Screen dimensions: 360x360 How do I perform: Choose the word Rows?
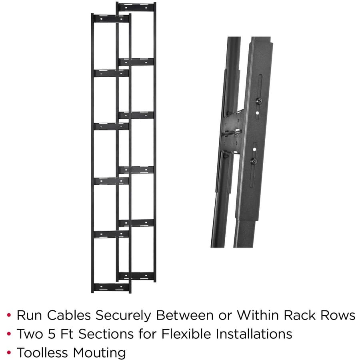[338, 315]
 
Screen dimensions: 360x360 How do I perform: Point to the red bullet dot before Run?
[9, 316]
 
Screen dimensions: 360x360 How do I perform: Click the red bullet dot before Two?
[9, 334]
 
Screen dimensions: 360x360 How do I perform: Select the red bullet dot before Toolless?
[9, 352]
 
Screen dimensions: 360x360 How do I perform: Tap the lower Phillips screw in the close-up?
[253, 160]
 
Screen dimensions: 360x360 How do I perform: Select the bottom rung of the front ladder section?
[111, 287]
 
